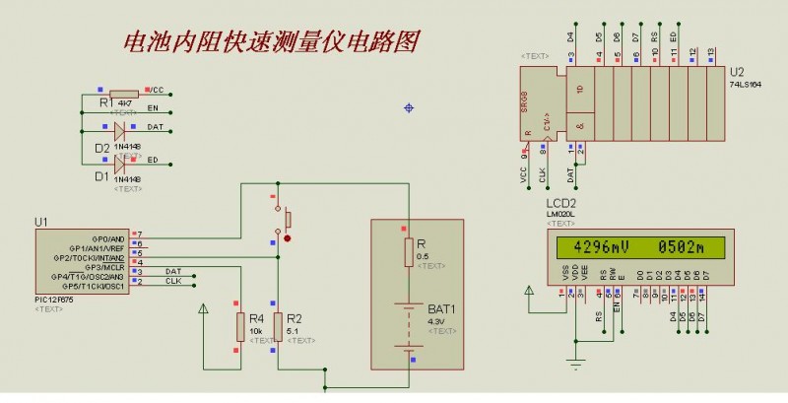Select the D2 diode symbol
[x=120, y=129]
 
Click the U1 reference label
[x=40, y=223]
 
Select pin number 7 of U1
[x=139, y=234]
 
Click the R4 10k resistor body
[x=238, y=327]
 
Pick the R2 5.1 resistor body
[x=277, y=327]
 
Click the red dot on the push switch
[x=287, y=237]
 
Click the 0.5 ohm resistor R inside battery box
[x=408, y=253]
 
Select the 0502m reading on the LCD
[x=680, y=248]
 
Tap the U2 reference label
[x=738, y=73]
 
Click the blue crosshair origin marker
[x=409, y=107]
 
